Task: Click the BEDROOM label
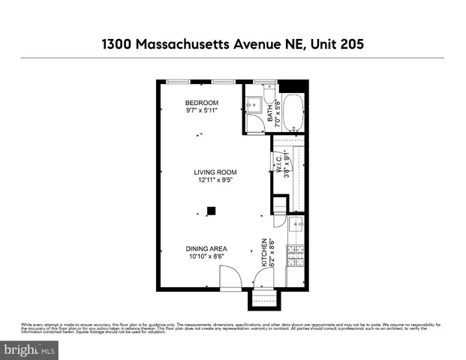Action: [x=202, y=103]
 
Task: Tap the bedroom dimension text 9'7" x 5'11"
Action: [x=202, y=111]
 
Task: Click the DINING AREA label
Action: [x=207, y=249]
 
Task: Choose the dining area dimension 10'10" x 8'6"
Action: [x=207, y=257]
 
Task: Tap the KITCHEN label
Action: [x=263, y=253]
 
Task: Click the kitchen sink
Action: [x=295, y=224]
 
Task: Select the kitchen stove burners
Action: [x=295, y=255]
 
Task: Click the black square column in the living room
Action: [x=212, y=211]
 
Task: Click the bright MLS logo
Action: [x=31, y=349]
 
